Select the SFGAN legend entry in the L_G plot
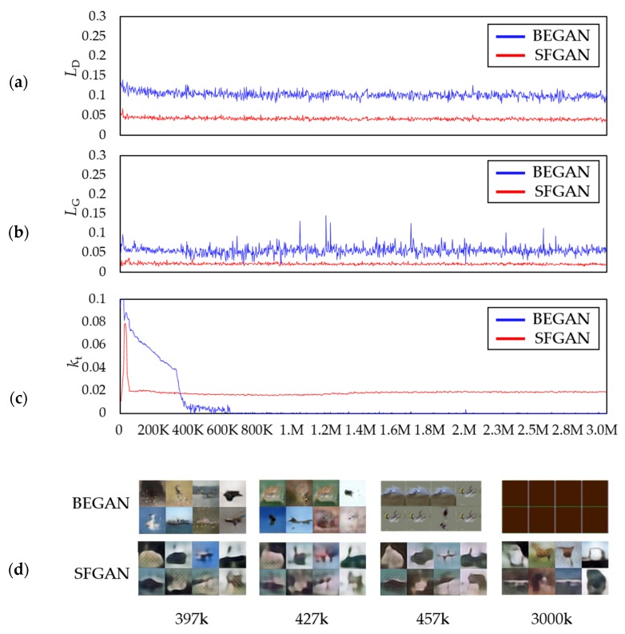pos(543,191)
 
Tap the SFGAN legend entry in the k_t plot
pos(543,338)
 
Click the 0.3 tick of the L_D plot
pos(95,17)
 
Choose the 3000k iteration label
pos(554,616)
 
